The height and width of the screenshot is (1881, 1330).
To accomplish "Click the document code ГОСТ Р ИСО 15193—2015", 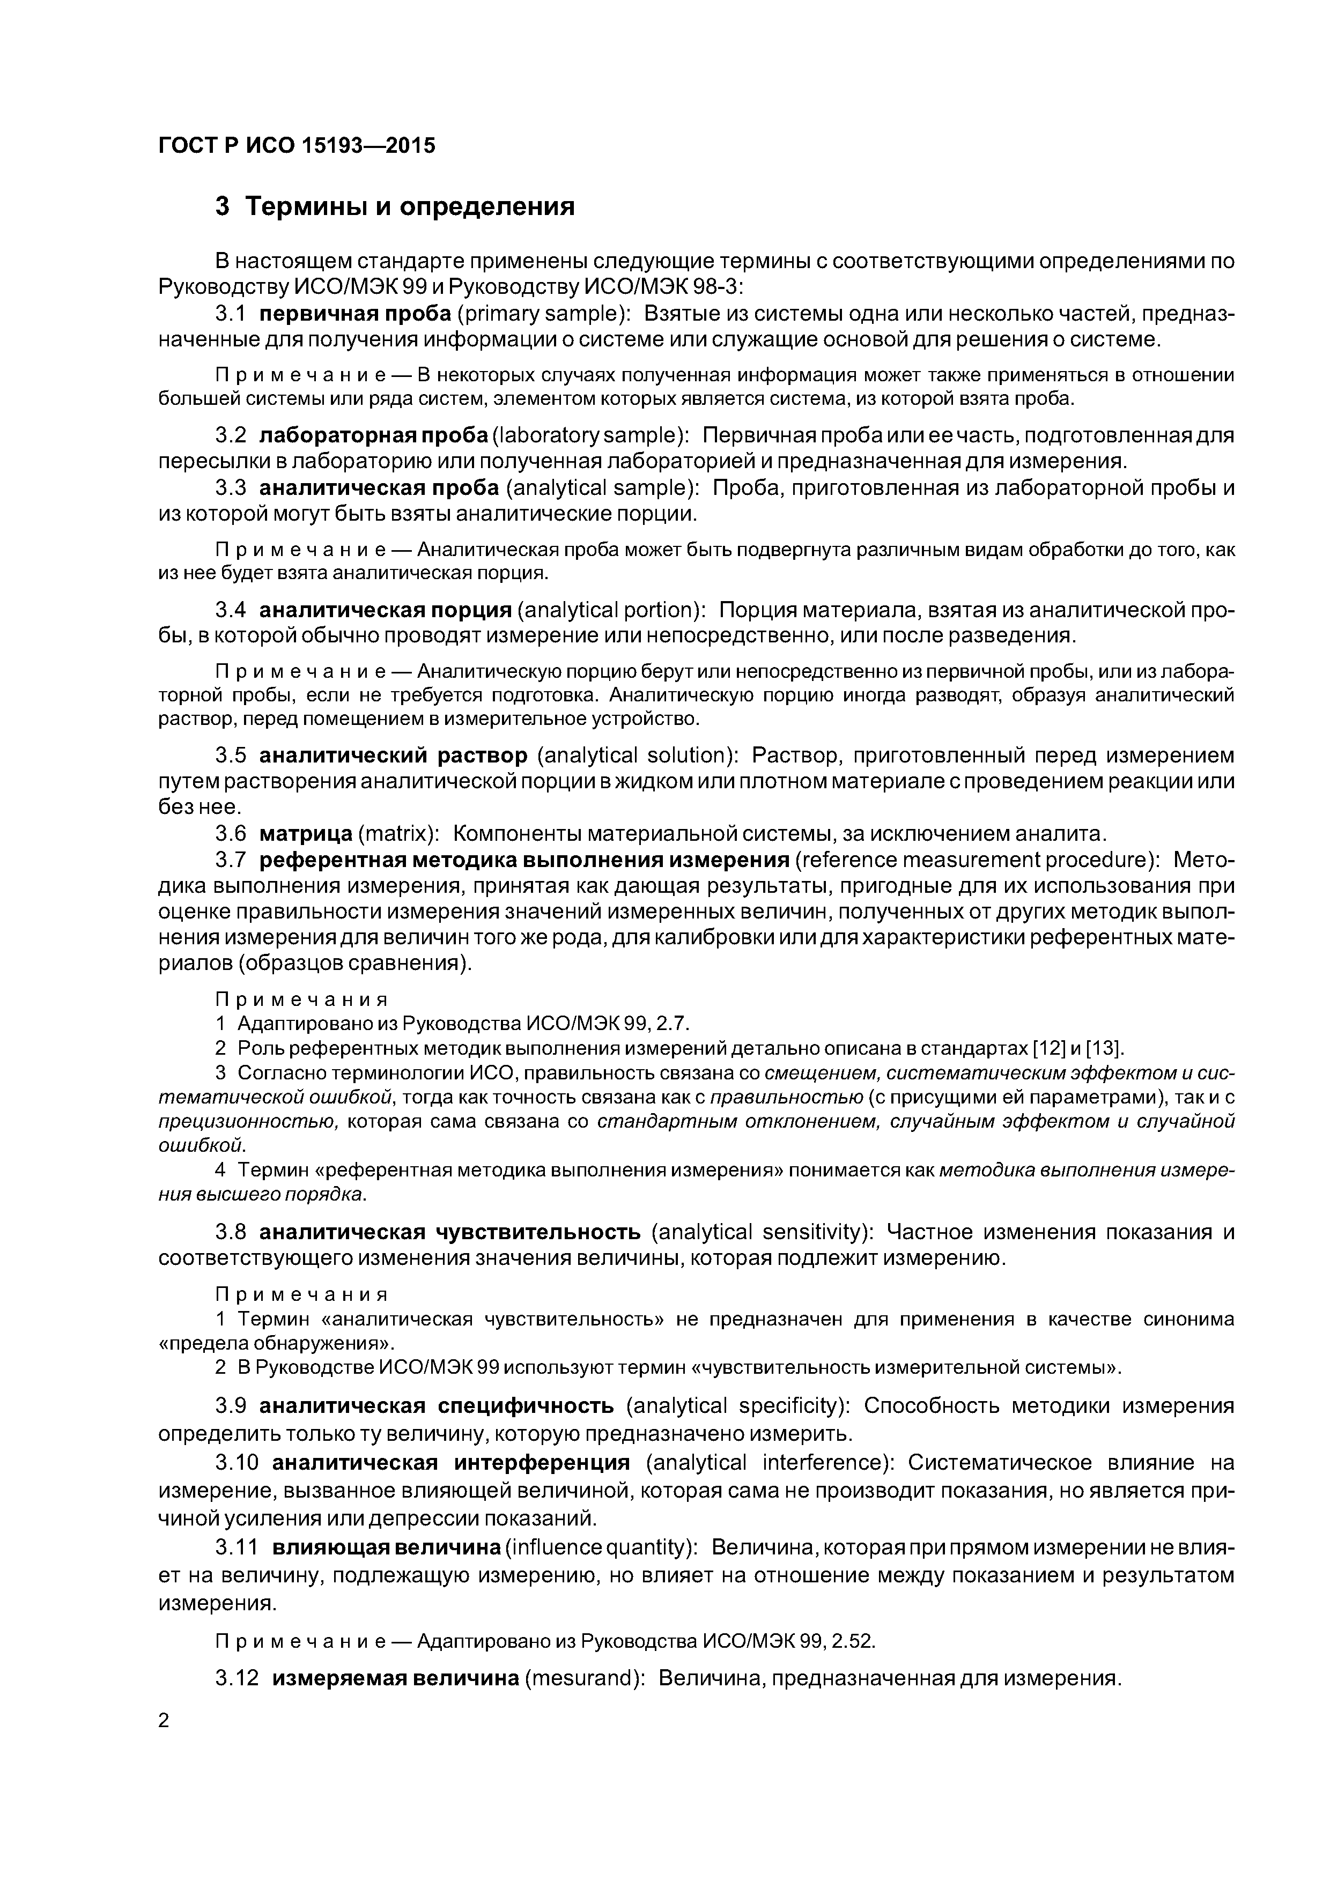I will click(297, 146).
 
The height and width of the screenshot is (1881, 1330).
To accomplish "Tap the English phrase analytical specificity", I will click(737, 1406).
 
